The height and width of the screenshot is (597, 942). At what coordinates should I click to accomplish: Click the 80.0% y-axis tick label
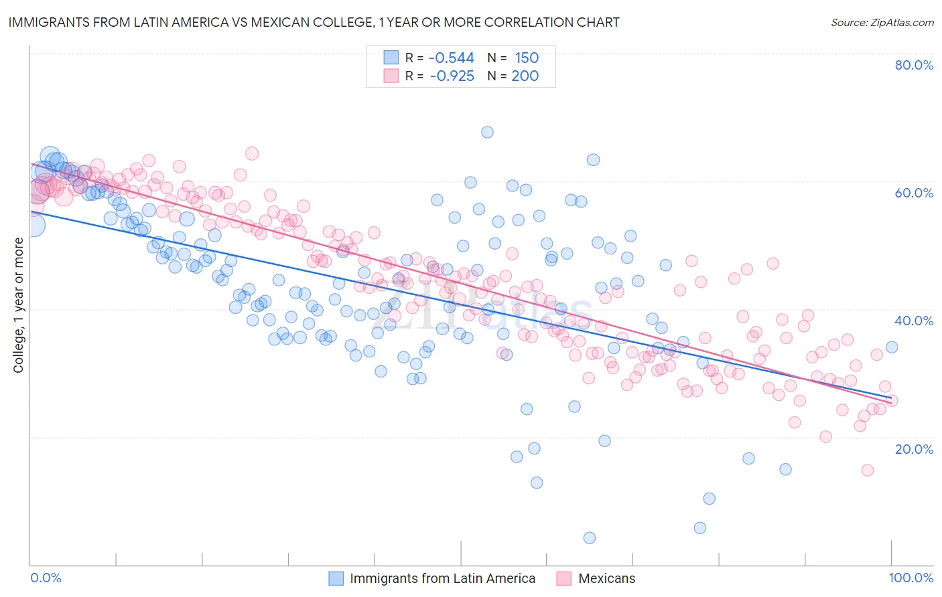pos(914,65)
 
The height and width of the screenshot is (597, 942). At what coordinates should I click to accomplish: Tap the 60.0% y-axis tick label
pos(914,193)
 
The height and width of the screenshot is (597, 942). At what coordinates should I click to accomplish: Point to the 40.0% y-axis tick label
pos(914,321)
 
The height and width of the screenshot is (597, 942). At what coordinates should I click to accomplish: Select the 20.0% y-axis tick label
pos(914,448)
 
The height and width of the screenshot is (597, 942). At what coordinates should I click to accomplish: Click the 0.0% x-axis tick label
pos(46,578)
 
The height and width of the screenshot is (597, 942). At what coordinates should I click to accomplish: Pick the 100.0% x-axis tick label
pos(911,578)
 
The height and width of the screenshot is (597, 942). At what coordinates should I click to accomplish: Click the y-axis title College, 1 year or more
pos(19,305)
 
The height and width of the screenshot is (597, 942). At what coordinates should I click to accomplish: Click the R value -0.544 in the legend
pos(451,58)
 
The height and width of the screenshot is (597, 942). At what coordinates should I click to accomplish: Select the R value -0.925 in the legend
pos(451,76)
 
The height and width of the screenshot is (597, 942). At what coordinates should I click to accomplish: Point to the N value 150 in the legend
pos(527,58)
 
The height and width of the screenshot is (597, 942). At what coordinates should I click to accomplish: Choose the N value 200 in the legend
pos(525,76)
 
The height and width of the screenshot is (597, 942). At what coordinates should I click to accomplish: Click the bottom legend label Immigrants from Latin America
pos(442,579)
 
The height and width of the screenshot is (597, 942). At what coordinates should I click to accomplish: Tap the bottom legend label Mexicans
pos(606,579)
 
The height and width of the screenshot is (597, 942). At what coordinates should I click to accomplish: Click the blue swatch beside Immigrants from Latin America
pos(336,579)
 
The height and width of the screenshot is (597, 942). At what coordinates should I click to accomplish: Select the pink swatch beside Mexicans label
pos(563,579)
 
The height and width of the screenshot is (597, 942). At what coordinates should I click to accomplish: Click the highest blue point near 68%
pos(487,133)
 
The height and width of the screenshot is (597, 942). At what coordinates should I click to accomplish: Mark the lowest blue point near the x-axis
pos(590,538)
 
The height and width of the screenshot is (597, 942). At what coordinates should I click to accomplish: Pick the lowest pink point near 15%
pos(867,470)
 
